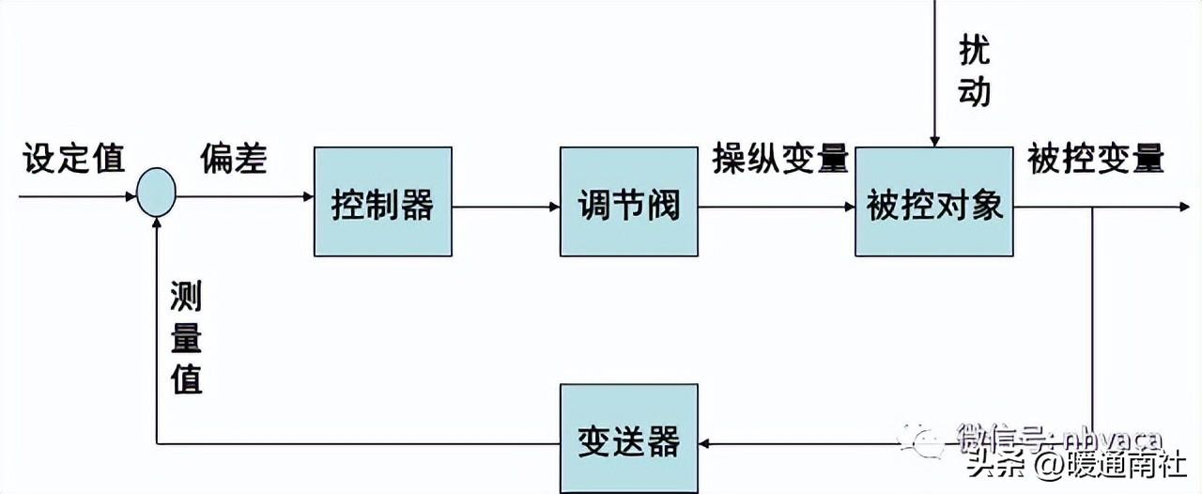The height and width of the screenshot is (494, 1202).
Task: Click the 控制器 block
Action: point(382,201)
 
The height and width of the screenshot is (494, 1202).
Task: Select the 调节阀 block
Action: point(629,201)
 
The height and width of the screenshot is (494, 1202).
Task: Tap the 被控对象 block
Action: point(934,201)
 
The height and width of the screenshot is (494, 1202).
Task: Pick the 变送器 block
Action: point(629,440)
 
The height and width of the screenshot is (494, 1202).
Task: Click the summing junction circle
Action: point(156,193)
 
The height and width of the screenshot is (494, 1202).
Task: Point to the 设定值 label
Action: point(73,159)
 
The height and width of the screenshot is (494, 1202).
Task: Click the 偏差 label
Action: point(233,159)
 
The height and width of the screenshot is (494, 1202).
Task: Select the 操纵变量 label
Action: point(780,158)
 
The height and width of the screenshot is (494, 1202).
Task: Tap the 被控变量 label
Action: point(1096,158)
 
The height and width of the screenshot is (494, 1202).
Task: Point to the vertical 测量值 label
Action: point(186,336)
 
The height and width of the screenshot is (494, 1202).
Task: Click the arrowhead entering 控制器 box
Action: point(307,197)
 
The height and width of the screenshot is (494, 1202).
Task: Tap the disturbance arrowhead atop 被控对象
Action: point(934,140)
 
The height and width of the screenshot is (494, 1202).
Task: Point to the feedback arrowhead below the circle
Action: point(157,223)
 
